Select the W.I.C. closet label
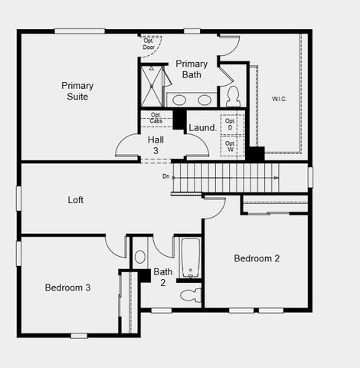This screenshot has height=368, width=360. pyautogui.click(x=280, y=99)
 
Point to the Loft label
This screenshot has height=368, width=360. pyautogui.click(x=76, y=200)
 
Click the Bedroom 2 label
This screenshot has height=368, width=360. pyautogui.click(x=257, y=258)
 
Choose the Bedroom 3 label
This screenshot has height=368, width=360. pyautogui.click(x=67, y=287)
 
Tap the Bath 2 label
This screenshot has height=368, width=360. pyautogui.click(x=162, y=277)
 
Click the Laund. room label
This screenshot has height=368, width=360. pyautogui.click(x=202, y=128)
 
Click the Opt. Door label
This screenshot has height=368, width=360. pyautogui.click(x=149, y=44)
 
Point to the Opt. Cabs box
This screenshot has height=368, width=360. pyautogui.click(x=155, y=118)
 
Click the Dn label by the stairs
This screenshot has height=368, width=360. pyautogui.click(x=166, y=177)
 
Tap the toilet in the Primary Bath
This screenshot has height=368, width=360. pyautogui.click(x=233, y=96)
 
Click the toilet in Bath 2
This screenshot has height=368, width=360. pyautogui.click(x=191, y=295)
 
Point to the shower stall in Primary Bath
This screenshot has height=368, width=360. pyautogui.click(x=152, y=86)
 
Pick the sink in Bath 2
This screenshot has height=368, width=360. pyautogui.click(x=140, y=257)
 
